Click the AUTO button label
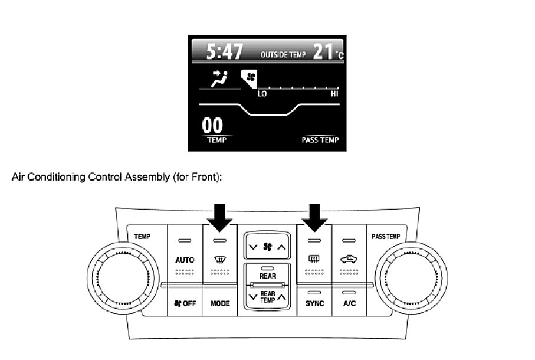click(x=185, y=260)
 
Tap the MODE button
click(x=220, y=304)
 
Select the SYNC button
click(x=314, y=304)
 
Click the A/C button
click(x=349, y=304)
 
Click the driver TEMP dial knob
click(x=123, y=277)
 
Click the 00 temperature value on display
click(x=212, y=126)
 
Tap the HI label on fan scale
click(x=334, y=94)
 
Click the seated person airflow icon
click(x=220, y=77)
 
